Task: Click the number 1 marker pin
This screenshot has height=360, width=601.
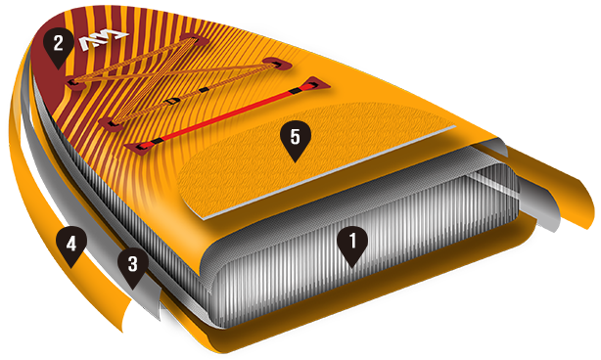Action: [352, 244]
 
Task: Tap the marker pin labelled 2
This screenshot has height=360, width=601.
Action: [59, 46]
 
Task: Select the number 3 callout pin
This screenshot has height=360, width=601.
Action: [132, 267]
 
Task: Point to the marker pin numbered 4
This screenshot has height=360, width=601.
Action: [71, 246]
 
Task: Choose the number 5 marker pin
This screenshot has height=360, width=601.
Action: [296, 139]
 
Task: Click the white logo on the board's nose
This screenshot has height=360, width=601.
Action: [104, 39]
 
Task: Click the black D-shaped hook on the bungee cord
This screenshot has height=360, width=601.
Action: [173, 101]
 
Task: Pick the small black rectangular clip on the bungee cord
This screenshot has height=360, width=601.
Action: [205, 90]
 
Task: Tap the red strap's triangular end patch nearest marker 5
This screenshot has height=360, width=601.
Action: [139, 147]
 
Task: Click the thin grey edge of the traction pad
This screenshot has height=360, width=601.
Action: [330, 172]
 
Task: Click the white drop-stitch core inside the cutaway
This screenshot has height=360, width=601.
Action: [364, 246]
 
